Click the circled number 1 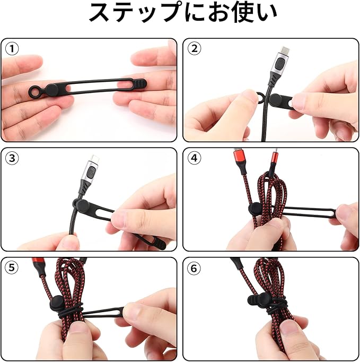pos(12,49)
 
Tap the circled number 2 pos(195,49)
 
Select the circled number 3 pos(12,158)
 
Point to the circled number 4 pos(195,158)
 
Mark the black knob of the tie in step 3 pos(83,206)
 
